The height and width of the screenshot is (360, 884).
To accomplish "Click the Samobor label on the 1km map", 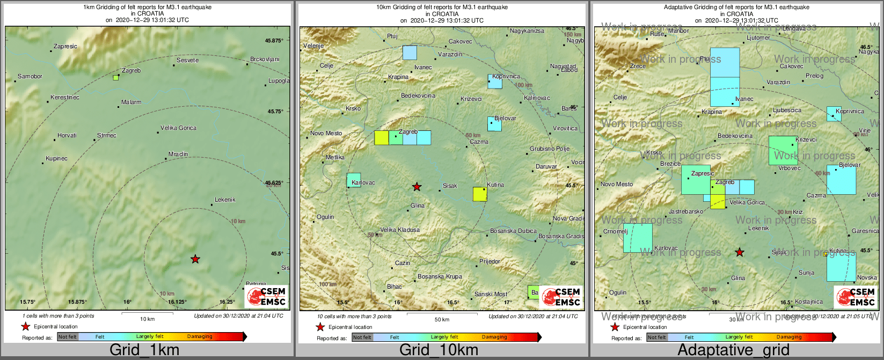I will pyautogui.click(x=30, y=77).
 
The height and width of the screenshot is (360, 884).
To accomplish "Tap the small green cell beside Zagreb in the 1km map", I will pyautogui.click(x=116, y=78).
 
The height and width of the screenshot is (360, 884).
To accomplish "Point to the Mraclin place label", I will pyautogui.click(x=178, y=155).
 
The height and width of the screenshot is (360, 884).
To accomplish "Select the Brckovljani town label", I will pyautogui.click(x=265, y=60).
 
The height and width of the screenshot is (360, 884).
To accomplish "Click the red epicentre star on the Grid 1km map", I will pyautogui.click(x=195, y=259).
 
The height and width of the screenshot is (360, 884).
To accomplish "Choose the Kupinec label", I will pyautogui.click(x=56, y=159).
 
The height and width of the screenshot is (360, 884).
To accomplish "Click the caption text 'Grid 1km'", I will pyautogui.click(x=144, y=350).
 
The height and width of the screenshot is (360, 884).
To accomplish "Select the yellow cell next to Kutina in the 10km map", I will pyautogui.click(x=480, y=194).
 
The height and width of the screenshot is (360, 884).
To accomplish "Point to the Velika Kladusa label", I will pyautogui.click(x=400, y=230).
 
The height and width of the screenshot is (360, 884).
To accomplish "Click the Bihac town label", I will pyautogui.click(x=394, y=287).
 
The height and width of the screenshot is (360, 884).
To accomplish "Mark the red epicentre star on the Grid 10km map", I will pyautogui.click(x=417, y=187).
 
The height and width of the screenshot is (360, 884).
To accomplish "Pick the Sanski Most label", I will pyautogui.click(x=491, y=295).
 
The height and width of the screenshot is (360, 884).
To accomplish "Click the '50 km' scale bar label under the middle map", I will pyautogui.click(x=442, y=320).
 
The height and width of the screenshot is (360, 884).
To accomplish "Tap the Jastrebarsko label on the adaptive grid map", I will pyautogui.click(x=686, y=212).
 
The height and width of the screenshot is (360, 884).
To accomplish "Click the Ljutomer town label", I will pyautogui.click(x=758, y=38).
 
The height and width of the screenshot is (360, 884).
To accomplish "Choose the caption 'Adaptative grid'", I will pyautogui.click(x=733, y=350).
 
